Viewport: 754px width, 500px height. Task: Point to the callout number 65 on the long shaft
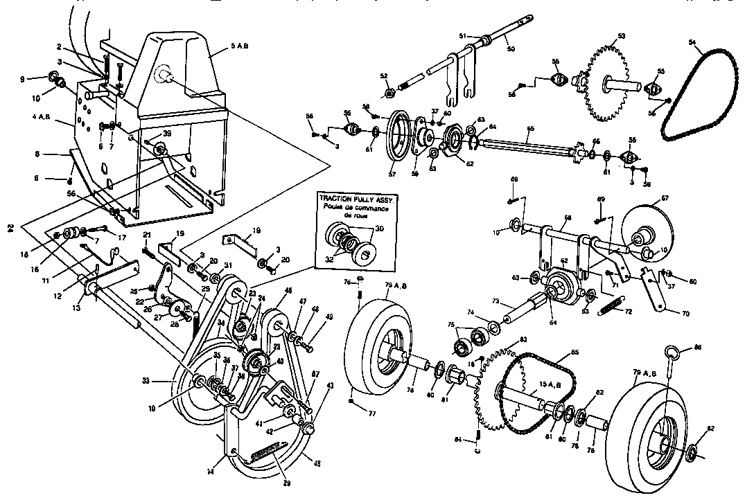click(x=530, y=129)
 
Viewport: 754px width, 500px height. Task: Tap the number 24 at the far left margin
click(x=10, y=229)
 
